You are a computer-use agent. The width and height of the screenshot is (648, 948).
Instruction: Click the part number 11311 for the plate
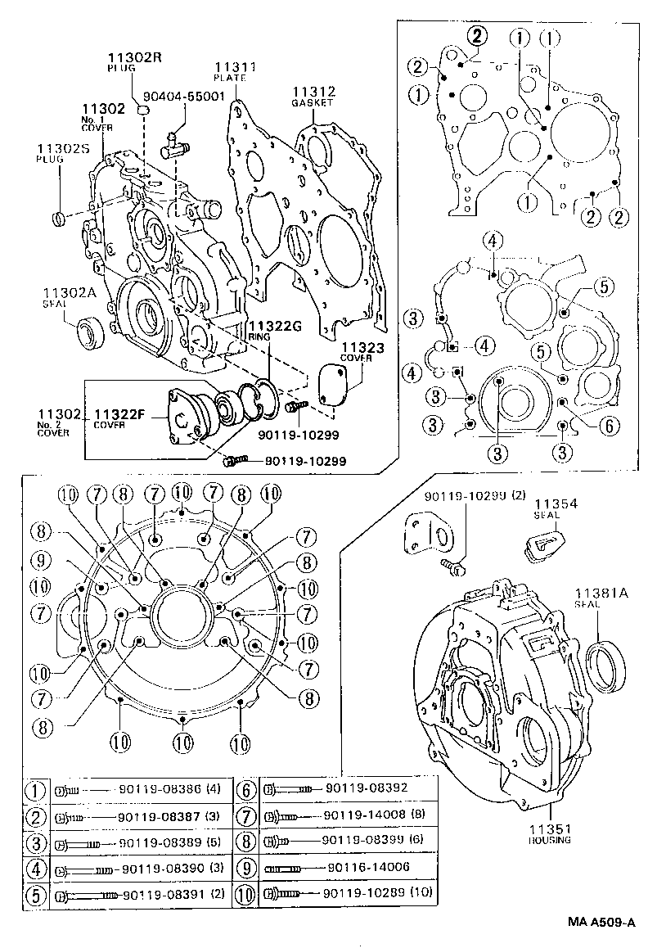[x=236, y=66]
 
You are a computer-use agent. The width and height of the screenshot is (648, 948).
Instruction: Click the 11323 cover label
[x=362, y=348]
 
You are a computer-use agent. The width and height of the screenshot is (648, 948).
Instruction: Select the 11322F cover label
[x=119, y=414]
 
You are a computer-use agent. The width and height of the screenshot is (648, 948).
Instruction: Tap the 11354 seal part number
[x=556, y=503]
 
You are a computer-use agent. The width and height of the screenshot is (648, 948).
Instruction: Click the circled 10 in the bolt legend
[x=248, y=893]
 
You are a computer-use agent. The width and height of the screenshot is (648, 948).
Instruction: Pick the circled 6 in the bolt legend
[x=248, y=790]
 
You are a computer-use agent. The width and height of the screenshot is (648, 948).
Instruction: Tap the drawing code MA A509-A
[x=601, y=923]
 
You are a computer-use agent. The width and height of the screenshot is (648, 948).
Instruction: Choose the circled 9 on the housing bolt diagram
[x=43, y=562]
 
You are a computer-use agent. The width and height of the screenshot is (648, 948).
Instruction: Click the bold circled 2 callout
[x=478, y=34]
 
